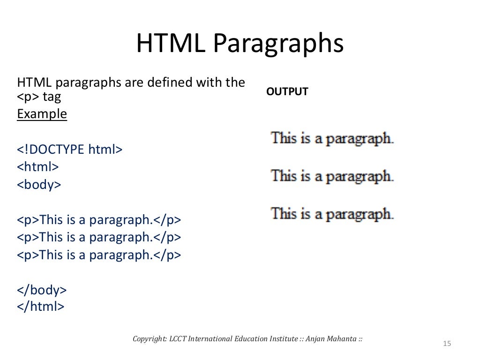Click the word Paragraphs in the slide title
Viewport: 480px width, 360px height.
click(x=278, y=44)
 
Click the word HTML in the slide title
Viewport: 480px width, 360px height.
click(x=170, y=44)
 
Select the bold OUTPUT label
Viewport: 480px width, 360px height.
click(x=287, y=92)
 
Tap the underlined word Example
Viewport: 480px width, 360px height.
click(x=42, y=114)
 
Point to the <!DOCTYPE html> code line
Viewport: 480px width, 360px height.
click(x=70, y=150)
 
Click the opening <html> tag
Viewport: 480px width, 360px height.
click(x=38, y=167)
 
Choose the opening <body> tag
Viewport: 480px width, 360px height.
click(x=39, y=185)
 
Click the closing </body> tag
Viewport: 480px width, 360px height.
click(x=42, y=290)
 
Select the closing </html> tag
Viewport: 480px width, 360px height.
click(x=40, y=307)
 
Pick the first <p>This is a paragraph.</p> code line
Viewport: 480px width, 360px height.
click(x=99, y=220)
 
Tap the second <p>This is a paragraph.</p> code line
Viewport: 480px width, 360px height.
click(x=99, y=237)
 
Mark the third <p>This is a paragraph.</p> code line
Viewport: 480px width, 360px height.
click(x=99, y=255)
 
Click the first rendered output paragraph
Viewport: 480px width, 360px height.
click(x=332, y=139)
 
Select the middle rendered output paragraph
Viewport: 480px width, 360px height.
click(x=332, y=176)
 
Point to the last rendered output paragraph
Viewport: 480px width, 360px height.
click(x=332, y=214)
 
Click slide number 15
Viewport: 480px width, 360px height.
click(x=446, y=345)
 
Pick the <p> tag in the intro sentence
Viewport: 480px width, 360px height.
click(x=28, y=97)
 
